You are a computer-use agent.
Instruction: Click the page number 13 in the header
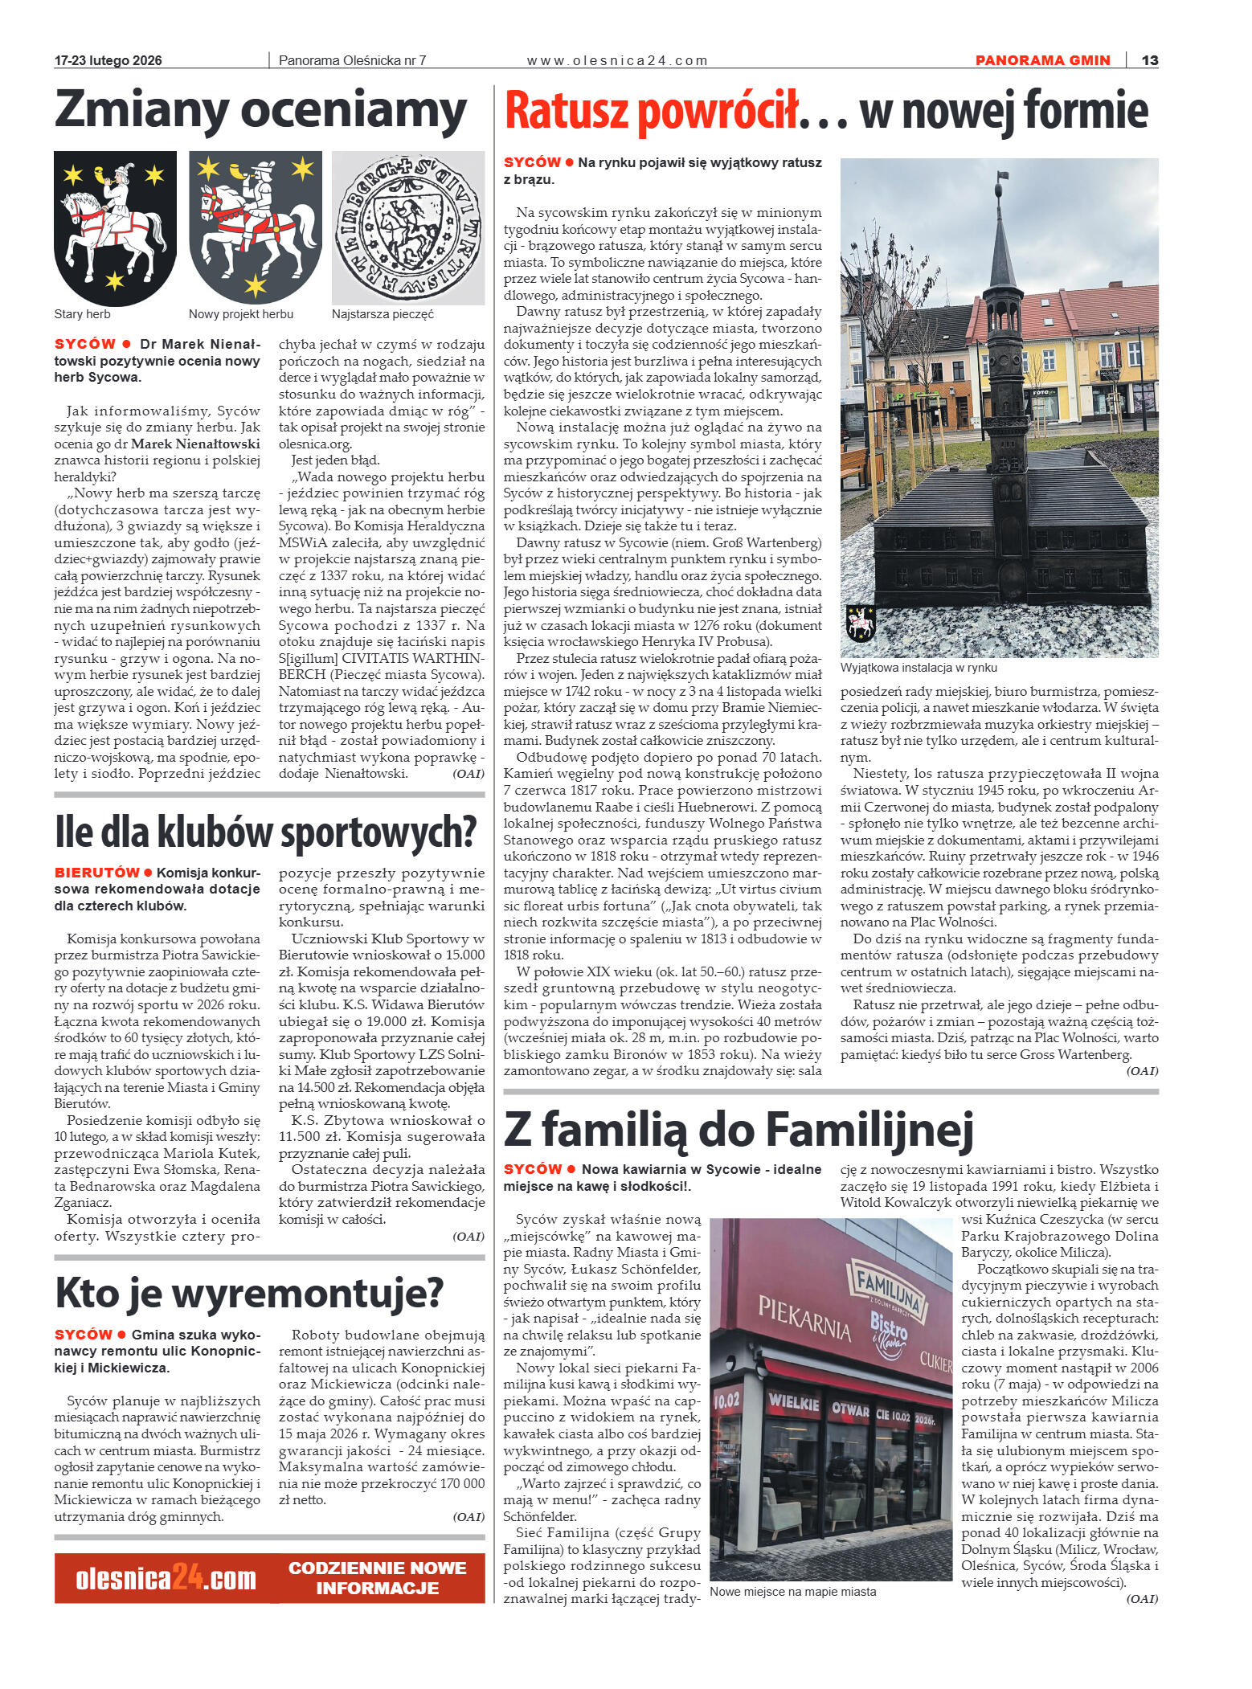click(1149, 60)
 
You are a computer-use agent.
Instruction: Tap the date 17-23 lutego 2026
click(108, 60)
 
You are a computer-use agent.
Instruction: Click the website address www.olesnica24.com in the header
click(616, 60)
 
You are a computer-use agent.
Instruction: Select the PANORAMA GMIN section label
click(1042, 60)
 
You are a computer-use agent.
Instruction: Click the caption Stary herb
click(82, 314)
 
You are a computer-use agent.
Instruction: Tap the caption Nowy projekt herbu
click(240, 314)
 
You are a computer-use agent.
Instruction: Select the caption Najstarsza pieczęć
click(383, 314)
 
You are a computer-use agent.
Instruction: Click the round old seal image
click(408, 227)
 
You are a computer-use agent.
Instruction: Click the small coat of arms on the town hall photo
click(860, 623)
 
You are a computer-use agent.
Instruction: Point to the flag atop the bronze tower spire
click(1002, 176)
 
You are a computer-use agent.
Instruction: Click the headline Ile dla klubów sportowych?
click(265, 832)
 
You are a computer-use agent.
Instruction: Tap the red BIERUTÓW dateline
click(97, 873)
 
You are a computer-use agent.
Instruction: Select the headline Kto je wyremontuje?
click(249, 1293)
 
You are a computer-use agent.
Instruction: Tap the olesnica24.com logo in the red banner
click(166, 1578)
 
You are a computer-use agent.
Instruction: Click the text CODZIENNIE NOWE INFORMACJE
click(377, 1578)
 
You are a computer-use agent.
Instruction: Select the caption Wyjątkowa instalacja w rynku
click(919, 668)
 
